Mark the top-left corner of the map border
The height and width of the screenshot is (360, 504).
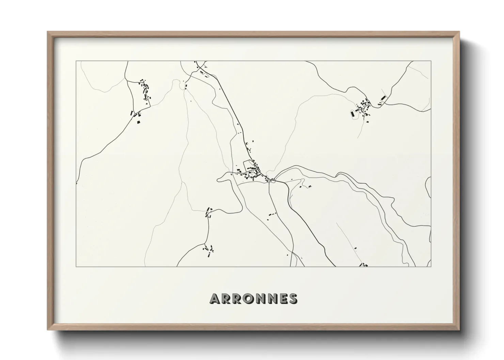(76, 61)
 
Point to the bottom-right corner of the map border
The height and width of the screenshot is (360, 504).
(431, 266)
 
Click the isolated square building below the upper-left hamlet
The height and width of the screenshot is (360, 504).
(138, 122)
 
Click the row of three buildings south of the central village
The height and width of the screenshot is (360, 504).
(271, 214)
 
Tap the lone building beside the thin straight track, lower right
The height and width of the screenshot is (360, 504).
(356, 248)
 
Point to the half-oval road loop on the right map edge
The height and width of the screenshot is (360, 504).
(428, 185)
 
